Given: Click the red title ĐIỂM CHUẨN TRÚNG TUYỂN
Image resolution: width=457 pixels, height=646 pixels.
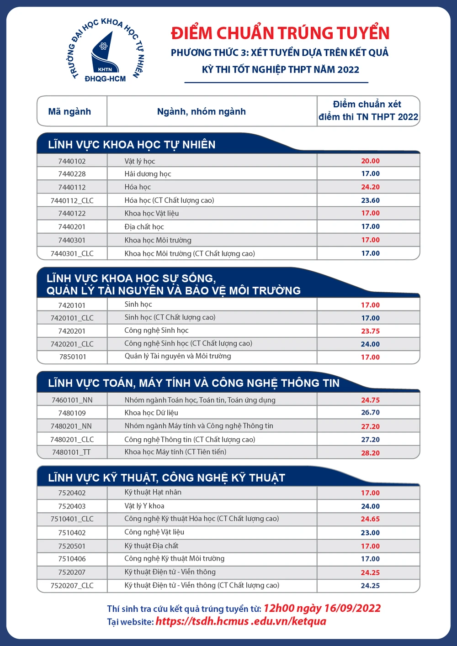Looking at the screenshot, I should [280, 33].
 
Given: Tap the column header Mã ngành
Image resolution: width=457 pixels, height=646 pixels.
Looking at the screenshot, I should [69, 111].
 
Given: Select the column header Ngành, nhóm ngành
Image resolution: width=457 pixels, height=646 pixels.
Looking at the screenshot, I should [201, 111].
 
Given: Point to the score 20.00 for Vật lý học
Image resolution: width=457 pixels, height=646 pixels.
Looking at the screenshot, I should [370, 161].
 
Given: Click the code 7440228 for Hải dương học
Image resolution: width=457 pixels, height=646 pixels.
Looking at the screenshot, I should [72, 174].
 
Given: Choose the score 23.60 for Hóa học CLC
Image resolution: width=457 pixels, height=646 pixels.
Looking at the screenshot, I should [370, 200].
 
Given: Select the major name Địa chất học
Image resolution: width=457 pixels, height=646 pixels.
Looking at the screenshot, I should [144, 226].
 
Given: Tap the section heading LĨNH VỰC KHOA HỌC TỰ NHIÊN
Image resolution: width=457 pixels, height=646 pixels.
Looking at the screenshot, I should [132, 145].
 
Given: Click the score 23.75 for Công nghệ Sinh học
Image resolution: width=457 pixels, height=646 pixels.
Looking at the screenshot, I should [370, 331].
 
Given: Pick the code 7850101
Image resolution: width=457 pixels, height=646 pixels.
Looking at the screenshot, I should [73, 357].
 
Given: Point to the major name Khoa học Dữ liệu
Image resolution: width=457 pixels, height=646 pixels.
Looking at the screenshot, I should [151, 413].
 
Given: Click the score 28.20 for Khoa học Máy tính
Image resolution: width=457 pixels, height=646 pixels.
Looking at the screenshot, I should [370, 453].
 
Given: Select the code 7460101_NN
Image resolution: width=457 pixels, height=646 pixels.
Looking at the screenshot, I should [72, 400].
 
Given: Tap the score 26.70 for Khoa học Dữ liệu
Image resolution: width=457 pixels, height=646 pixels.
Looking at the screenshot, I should [370, 412].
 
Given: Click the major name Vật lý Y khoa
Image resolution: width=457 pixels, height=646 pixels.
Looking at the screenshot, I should [144, 506].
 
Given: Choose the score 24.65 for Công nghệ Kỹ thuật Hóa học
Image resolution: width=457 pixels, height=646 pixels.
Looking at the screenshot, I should [370, 519].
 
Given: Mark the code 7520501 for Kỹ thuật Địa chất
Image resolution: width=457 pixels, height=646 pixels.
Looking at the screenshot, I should [72, 546].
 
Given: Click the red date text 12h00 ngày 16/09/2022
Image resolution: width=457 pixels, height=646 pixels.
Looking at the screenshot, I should [322, 608].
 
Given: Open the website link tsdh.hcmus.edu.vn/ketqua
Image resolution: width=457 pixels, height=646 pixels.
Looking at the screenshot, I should [241, 621].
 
